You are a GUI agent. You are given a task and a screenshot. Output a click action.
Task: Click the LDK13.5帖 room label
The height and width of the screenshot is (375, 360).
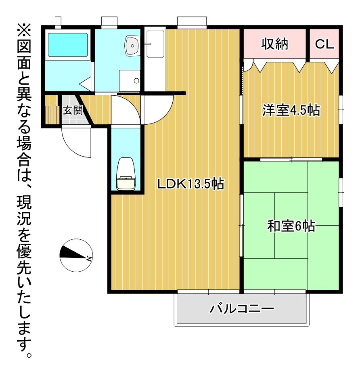click(190, 184)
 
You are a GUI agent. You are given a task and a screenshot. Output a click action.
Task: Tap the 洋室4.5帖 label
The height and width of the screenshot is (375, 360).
click(291, 110)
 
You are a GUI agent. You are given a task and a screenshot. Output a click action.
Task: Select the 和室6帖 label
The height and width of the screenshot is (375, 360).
click(291, 226)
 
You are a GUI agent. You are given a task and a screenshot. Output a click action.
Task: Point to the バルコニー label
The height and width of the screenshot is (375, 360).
click(241, 310)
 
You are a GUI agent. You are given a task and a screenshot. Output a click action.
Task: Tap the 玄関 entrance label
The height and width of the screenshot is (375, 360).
click(73, 110)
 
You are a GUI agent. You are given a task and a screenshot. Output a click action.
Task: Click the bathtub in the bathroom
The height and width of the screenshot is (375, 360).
click(68, 44)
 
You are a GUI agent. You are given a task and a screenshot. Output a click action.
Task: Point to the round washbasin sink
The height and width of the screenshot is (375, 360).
click(132, 45)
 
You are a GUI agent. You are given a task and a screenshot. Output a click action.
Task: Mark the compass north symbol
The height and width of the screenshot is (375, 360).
click(76, 255)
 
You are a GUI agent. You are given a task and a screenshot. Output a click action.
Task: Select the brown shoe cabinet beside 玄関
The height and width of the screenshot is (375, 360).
click(52, 110)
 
